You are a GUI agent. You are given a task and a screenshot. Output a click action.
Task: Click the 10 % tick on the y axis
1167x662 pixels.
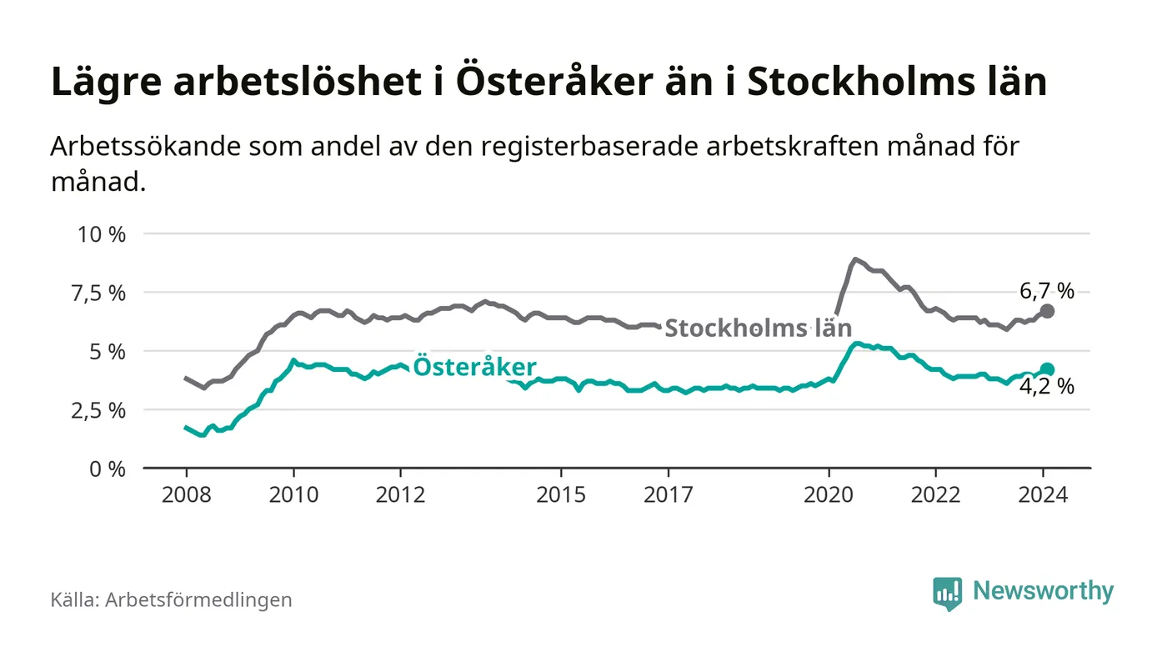pos(101,234)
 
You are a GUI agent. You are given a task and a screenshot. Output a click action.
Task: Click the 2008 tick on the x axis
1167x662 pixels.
pos(186,494)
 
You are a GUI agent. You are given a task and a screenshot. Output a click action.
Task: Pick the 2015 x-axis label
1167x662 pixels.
pos(562,494)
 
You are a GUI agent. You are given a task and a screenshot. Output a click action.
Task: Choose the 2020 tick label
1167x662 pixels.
pos(829,494)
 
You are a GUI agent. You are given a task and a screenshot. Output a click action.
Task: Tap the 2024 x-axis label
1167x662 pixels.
pos(1044,494)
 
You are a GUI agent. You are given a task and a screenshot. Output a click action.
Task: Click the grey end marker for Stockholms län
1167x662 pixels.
pos(1048,310)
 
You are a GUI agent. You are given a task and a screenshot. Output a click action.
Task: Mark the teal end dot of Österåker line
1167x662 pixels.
pos(1048,369)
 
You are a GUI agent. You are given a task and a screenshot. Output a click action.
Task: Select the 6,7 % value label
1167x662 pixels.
pos(1047,291)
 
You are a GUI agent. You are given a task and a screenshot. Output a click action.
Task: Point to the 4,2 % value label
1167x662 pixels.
pos(1047,387)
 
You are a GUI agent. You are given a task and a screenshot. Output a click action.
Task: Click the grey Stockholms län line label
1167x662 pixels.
pos(758,327)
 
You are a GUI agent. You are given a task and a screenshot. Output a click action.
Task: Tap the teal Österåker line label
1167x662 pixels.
pos(475,368)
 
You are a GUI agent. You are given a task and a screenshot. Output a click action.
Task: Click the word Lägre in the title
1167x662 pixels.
pos(99,83)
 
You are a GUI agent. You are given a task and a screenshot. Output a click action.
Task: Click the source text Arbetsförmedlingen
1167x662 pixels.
pos(198,599)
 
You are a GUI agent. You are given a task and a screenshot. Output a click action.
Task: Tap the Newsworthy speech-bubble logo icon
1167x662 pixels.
pos(947,593)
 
